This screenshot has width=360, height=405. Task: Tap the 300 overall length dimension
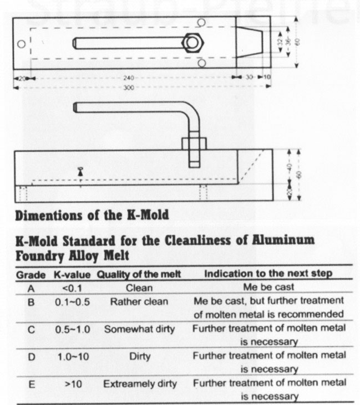click(128, 88)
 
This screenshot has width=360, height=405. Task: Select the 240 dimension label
click(129, 78)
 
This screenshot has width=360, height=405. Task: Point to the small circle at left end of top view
click(21, 44)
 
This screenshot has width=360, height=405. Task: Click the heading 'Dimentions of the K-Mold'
click(92, 214)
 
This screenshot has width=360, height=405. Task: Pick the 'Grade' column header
click(31, 274)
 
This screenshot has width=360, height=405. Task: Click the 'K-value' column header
click(72, 274)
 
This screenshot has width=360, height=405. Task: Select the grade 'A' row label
click(31, 288)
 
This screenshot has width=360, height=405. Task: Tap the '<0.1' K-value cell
click(72, 288)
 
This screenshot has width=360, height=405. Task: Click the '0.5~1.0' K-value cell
click(72, 329)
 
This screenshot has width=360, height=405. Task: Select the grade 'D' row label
click(31, 356)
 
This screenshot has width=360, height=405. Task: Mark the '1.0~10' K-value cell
click(72, 356)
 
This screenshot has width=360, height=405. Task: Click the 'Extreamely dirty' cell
click(140, 383)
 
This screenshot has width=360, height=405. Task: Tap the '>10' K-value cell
click(72, 383)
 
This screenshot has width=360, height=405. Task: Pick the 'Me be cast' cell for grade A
click(269, 288)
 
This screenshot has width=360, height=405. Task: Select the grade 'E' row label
click(31, 383)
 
